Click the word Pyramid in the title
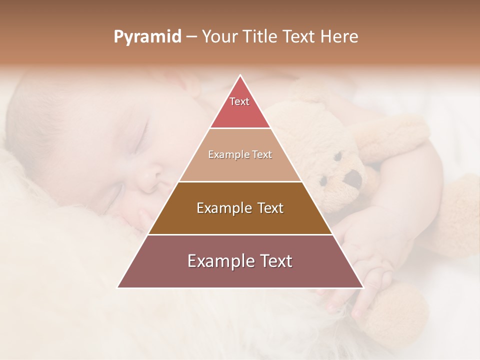(x=147, y=37)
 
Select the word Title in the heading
(x=261, y=37)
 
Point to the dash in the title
(x=191, y=37)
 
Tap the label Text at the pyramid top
(x=239, y=101)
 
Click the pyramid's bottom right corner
(x=363, y=287)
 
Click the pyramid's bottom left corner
(x=117, y=287)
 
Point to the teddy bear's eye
(x=338, y=156)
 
